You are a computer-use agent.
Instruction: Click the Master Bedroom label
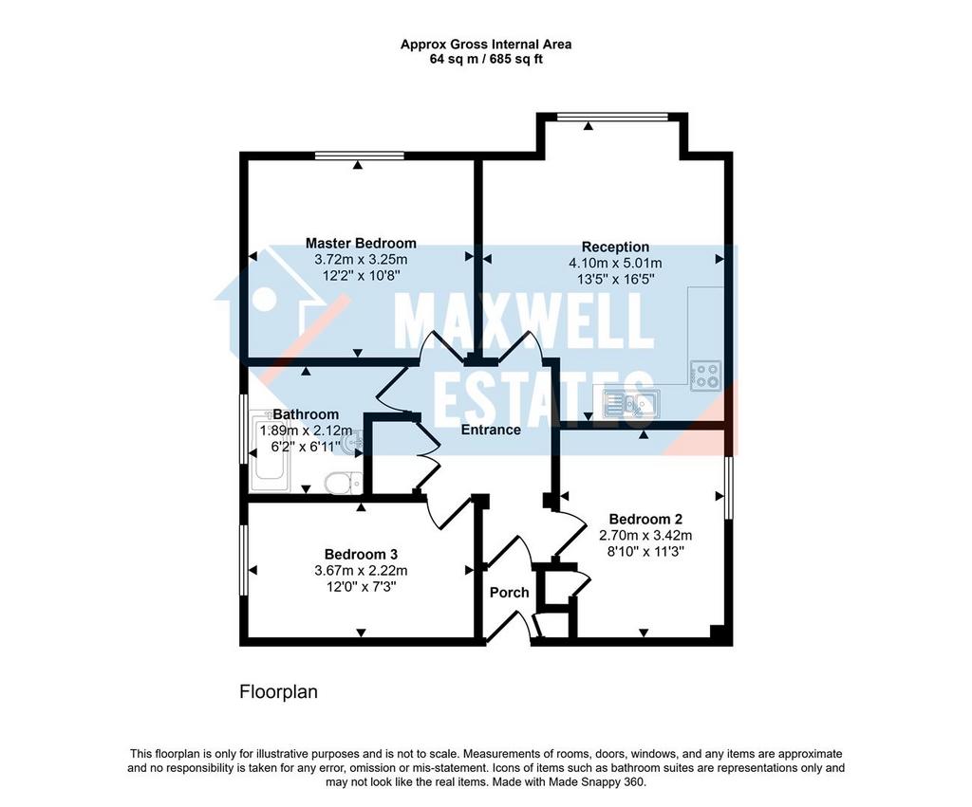361,244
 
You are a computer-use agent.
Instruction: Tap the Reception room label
615,248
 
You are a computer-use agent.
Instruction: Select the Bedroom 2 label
645,519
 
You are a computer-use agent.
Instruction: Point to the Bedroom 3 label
361,555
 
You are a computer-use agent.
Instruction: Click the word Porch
510,593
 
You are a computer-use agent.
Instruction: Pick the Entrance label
491,430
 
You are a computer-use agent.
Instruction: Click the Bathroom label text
307,414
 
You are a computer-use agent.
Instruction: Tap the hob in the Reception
706,376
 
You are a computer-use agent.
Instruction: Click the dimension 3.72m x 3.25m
361,260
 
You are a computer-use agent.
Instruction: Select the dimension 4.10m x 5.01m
615,264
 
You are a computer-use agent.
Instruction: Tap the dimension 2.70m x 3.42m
645,535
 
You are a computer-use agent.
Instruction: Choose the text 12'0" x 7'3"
361,586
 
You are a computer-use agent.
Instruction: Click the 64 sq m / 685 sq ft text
486,60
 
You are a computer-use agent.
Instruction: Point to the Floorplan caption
278,692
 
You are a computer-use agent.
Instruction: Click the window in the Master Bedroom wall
359,156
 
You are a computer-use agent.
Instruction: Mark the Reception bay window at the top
612,117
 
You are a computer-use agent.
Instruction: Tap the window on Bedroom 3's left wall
244,560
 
